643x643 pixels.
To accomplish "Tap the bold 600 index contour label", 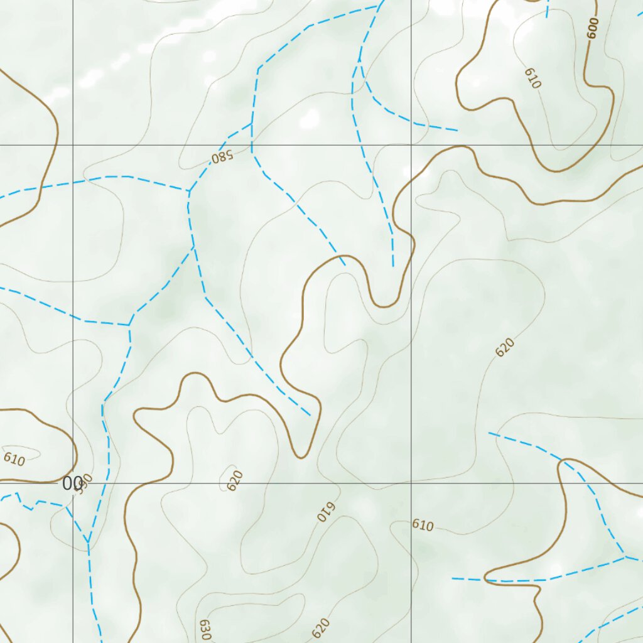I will (593, 28).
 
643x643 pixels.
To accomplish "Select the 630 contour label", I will (205, 629).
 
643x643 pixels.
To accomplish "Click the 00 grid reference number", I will (72, 484).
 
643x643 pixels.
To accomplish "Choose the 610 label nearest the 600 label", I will (532, 78).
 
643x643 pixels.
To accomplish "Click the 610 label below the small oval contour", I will (14, 460).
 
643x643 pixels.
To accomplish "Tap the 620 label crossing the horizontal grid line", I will (235, 480).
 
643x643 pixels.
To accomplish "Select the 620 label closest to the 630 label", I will (320, 627).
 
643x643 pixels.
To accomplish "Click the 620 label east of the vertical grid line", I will (505, 347).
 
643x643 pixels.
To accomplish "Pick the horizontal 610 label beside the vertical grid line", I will (423, 525).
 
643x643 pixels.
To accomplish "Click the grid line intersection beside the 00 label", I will (73, 484).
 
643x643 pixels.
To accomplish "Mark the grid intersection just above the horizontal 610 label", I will (411, 484).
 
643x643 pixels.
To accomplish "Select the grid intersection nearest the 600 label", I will (411, 145).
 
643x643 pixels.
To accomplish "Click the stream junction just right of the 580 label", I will (251, 124).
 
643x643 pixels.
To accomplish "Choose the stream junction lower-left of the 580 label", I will (188, 190).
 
